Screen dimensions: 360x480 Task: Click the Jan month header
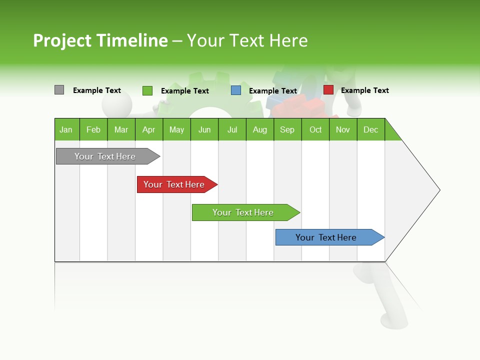tap(66, 129)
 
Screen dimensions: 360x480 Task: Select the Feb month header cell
tap(93, 129)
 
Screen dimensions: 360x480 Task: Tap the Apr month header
tap(149, 129)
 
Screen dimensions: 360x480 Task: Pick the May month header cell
tap(176, 129)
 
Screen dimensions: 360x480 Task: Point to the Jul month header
tap(232, 129)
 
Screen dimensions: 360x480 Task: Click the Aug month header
tap(260, 129)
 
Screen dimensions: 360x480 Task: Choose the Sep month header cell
tap(287, 129)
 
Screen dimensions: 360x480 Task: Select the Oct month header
tap(315, 129)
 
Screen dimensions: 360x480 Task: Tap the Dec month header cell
tap(371, 129)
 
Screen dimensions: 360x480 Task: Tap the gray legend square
tap(59, 90)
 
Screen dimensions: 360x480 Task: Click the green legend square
tap(147, 90)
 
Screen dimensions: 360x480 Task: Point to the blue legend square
tap(236, 90)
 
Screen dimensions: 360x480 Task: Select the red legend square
tap(328, 90)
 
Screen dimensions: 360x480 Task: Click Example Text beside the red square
tap(364, 90)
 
